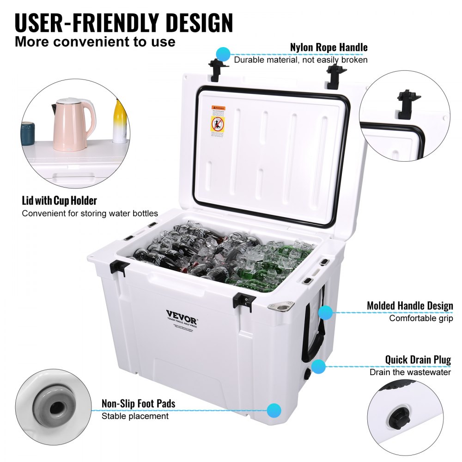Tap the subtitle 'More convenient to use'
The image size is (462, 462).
click(95, 42)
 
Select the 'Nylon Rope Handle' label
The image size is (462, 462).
click(328, 47)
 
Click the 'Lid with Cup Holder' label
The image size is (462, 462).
click(59, 201)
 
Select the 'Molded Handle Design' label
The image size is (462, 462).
click(410, 306)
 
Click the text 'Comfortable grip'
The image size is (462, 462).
click(420, 318)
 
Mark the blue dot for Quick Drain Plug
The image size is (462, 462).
click(318, 367)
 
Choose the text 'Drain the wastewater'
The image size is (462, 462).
click(410, 372)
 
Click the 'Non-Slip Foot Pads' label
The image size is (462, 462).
click(139, 404)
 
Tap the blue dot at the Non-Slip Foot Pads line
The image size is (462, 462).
click(274, 409)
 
